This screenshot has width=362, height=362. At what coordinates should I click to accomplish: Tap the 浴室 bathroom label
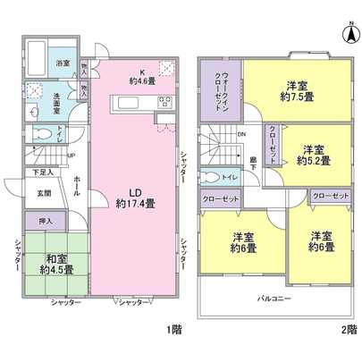64,64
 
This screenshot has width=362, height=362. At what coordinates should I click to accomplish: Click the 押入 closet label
46,219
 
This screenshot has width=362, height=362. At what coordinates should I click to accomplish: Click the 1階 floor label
173,332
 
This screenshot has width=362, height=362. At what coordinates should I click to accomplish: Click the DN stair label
242,135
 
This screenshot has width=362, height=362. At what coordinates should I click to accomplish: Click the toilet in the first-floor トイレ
41,135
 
